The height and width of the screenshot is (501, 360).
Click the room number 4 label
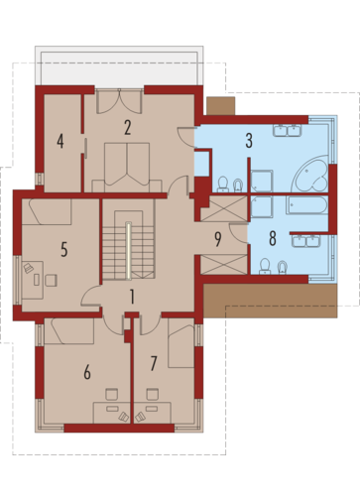[60, 141]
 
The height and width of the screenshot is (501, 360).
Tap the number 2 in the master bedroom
[128, 128]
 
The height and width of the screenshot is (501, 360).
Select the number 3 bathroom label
[249, 140]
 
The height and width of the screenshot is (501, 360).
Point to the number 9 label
[218, 239]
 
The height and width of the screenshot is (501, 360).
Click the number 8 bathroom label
[273, 238]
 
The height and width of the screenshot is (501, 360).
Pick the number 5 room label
[64, 249]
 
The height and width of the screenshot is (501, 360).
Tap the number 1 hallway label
[132, 297]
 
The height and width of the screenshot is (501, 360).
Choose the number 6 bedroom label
[87, 372]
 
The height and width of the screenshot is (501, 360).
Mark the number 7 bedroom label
[154, 364]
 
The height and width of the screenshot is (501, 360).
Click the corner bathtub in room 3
[310, 174]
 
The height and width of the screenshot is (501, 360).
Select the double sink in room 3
[287, 130]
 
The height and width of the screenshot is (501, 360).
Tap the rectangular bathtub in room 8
[307, 205]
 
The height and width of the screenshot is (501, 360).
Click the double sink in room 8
[306, 240]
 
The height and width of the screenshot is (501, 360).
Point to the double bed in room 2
[127, 167]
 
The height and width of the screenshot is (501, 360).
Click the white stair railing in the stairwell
[128, 250]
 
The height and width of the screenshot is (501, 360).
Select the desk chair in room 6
[112, 394]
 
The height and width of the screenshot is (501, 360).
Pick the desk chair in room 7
[153, 394]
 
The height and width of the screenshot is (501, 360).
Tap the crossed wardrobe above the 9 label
[224, 208]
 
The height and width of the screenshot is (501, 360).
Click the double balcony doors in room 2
[119, 102]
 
